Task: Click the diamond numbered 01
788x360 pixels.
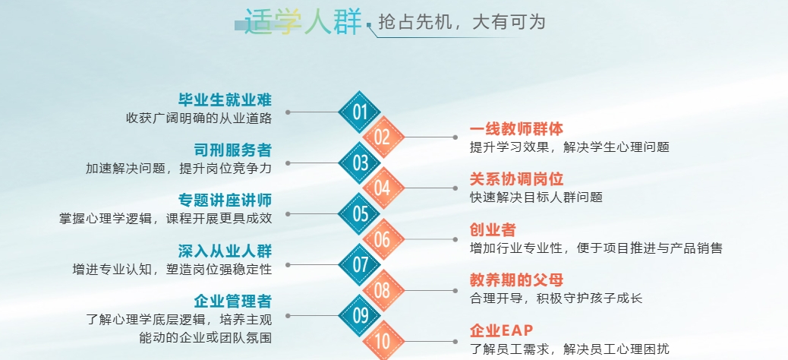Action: point(360,112)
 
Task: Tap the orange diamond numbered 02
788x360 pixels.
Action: point(383,137)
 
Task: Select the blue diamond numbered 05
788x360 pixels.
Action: point(360,213)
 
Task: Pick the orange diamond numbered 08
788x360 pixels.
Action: point(383,290)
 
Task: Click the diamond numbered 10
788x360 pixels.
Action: point(383,341)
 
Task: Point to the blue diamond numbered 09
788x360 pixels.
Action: point(360,316)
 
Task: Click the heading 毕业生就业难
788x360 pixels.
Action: point(225,99)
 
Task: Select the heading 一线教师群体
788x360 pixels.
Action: point(517,128)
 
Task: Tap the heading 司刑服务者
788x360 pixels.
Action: point(233,150)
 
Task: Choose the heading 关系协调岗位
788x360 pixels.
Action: point(517,179)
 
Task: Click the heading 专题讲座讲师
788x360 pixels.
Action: point(225,200)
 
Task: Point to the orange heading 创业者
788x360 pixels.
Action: point(493,230)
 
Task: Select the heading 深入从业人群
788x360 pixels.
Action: point(225,251)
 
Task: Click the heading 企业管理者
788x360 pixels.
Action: point(233,302)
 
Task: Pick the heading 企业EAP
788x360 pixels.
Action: point(502,330)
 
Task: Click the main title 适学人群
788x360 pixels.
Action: point(303,22)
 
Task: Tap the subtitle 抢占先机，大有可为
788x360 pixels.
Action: point(462,23)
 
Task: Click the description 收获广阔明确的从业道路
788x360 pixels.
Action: point(199,118)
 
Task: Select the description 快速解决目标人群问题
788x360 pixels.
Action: point(536,197)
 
